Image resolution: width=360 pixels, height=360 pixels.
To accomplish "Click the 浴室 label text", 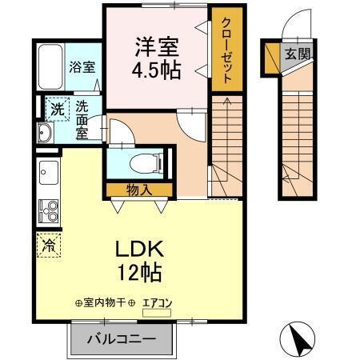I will click(82, 67).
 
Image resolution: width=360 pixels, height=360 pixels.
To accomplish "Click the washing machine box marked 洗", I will click(56, 108).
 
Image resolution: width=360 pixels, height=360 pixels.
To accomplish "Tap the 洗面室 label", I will click(82, 118).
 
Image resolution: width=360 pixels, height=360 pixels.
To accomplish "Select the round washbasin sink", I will click(42, 133).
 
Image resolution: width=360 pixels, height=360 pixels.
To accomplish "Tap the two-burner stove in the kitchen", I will click(47, 211).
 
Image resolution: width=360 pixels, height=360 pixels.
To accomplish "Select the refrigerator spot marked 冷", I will click(47, 246).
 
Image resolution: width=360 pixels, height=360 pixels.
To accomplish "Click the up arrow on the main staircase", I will click(226, 104).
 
